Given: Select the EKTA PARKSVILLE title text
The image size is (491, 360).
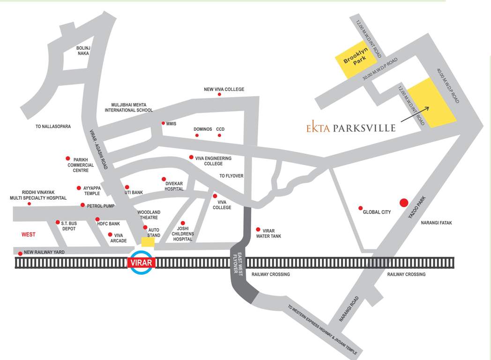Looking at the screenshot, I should click(x=350, y=127).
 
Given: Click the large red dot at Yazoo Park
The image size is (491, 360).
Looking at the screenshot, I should click(x=403, y=203).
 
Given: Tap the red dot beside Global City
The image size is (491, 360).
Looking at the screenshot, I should click(x=360, y=208).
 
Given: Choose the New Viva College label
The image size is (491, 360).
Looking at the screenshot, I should click(x=223, y=89).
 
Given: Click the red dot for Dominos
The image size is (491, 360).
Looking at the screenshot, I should click(x=197, y=135).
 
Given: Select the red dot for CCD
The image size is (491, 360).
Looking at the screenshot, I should click(x=219, y=135).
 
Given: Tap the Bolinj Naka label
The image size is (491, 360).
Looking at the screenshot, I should click(x=83, y=51).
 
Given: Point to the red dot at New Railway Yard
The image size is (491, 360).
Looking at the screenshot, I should click(x=20, y=254).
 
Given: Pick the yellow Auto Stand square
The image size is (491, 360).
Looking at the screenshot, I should click(x=148, y=242).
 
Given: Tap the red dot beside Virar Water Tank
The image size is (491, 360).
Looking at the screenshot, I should click(x=258, y=230).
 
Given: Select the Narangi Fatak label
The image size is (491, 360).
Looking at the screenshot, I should click(x=436, y=223).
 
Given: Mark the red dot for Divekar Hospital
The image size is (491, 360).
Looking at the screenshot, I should click(x=164, y=179).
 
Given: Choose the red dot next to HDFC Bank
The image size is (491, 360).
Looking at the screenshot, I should click(x=97, y=219).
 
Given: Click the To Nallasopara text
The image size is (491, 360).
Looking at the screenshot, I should click(x=53, y=127).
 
